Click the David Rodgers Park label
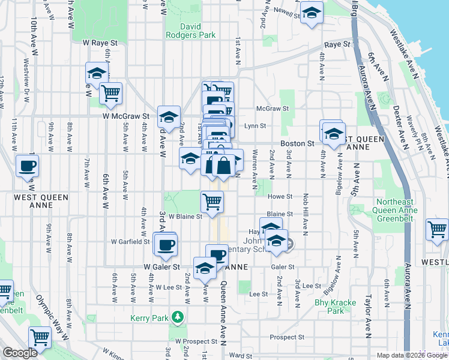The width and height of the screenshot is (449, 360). [199, 31]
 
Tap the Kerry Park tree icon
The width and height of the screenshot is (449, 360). [177, 316]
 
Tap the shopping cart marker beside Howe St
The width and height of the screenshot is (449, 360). [212, 202]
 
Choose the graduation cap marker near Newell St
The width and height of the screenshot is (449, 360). [312, 13]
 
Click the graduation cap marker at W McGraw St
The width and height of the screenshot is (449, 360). [169, 116]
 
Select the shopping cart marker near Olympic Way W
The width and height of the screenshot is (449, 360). [40, 337]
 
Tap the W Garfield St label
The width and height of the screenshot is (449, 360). [130, 242]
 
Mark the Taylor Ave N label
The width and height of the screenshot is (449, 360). [368, 313]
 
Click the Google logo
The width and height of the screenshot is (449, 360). [20, 353]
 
